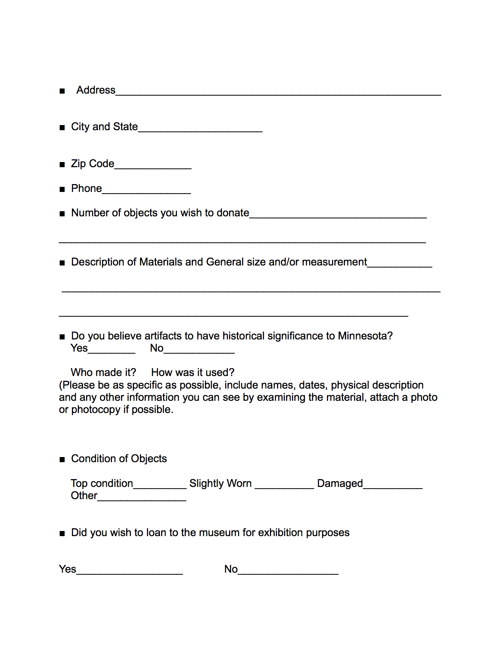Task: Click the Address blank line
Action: (x=278, y=93)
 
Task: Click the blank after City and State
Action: (x=200, y=130)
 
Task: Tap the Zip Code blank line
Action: (x=153, y=167)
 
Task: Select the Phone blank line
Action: (x=146, y=192)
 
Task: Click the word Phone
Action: (x=86, y=189)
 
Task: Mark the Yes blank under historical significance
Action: (x=112, y=351)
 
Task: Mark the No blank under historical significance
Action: (x=199, y=351)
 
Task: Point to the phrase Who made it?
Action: (x=103, y=372)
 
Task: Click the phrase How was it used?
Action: (x=193, y=372)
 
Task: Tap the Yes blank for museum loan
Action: (x=130, y=572)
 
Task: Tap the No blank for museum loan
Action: (x=288, y=572)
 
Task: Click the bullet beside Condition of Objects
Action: (x=62, y=459)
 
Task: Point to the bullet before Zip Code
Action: (x=62, y=164)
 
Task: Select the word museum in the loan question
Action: (x=219, y=533)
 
